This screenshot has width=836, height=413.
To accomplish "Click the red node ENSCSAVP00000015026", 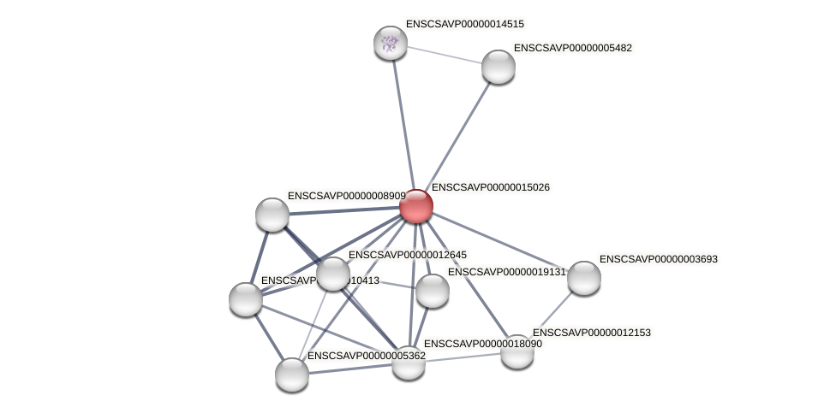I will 416,206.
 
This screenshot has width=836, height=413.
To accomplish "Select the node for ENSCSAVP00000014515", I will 391,43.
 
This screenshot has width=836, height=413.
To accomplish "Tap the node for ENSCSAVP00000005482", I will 499,67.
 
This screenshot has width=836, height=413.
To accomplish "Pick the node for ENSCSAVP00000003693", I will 584,278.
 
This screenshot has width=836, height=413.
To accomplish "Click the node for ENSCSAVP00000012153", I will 517,351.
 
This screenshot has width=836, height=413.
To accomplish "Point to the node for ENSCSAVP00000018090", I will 409,363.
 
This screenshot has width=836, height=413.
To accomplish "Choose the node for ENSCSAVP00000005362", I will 292,375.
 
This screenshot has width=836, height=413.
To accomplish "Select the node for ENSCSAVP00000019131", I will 433,291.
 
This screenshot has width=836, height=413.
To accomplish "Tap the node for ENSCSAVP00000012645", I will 333,274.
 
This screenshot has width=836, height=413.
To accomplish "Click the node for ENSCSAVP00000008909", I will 272,215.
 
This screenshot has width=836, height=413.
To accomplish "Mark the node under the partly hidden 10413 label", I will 246,299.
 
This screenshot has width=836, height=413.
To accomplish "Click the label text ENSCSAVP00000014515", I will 464,24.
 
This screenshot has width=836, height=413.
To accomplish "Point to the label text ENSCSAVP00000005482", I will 572,48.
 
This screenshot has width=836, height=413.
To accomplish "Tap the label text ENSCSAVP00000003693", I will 658,259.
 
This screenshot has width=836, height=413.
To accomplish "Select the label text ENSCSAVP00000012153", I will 592,333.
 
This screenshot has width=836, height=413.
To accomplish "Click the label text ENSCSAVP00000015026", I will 491,187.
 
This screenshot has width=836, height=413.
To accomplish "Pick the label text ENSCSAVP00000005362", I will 366,356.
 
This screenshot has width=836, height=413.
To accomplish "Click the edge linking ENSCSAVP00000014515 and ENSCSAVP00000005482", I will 445,55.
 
